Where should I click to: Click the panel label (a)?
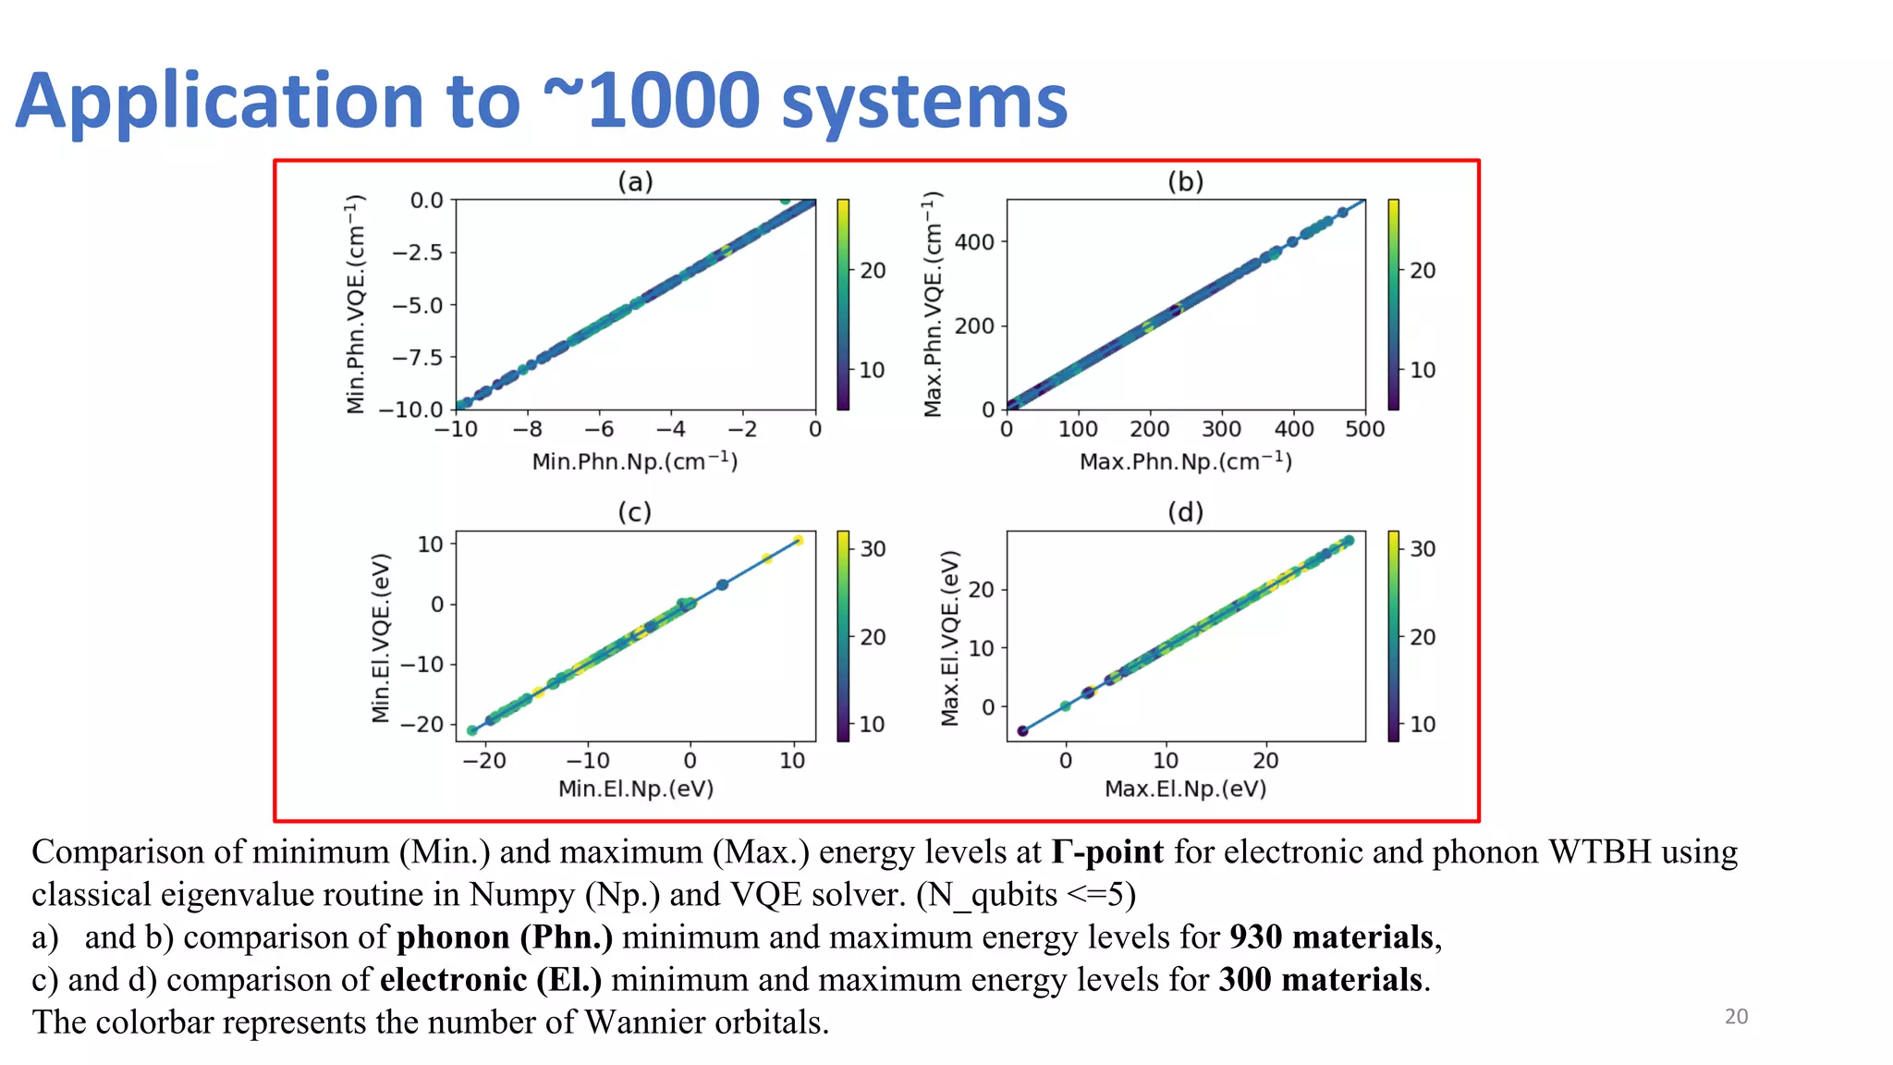[635, 181]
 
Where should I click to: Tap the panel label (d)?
[1185, 512]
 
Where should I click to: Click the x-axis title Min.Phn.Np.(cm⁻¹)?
[635, 460]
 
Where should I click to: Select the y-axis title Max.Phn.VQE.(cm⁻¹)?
[934, 304]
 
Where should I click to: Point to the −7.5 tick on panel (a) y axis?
[417, 358]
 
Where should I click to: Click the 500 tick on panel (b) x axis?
[1364, 429]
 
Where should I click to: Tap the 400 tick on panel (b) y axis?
[974, 242]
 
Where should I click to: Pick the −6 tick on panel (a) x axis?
[599, 429]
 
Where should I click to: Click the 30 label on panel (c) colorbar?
[873, 549]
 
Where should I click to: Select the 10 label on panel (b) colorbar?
[1423, 370]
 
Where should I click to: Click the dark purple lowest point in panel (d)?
[1022, 731]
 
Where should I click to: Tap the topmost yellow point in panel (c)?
[798, 541]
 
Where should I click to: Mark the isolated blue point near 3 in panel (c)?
[723, 584]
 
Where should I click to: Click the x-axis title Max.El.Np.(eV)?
[1185, 789]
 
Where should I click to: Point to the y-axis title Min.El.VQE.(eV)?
[381, 638]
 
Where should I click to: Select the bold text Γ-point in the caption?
[1106, 851]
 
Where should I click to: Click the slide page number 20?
[1736, 1016]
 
